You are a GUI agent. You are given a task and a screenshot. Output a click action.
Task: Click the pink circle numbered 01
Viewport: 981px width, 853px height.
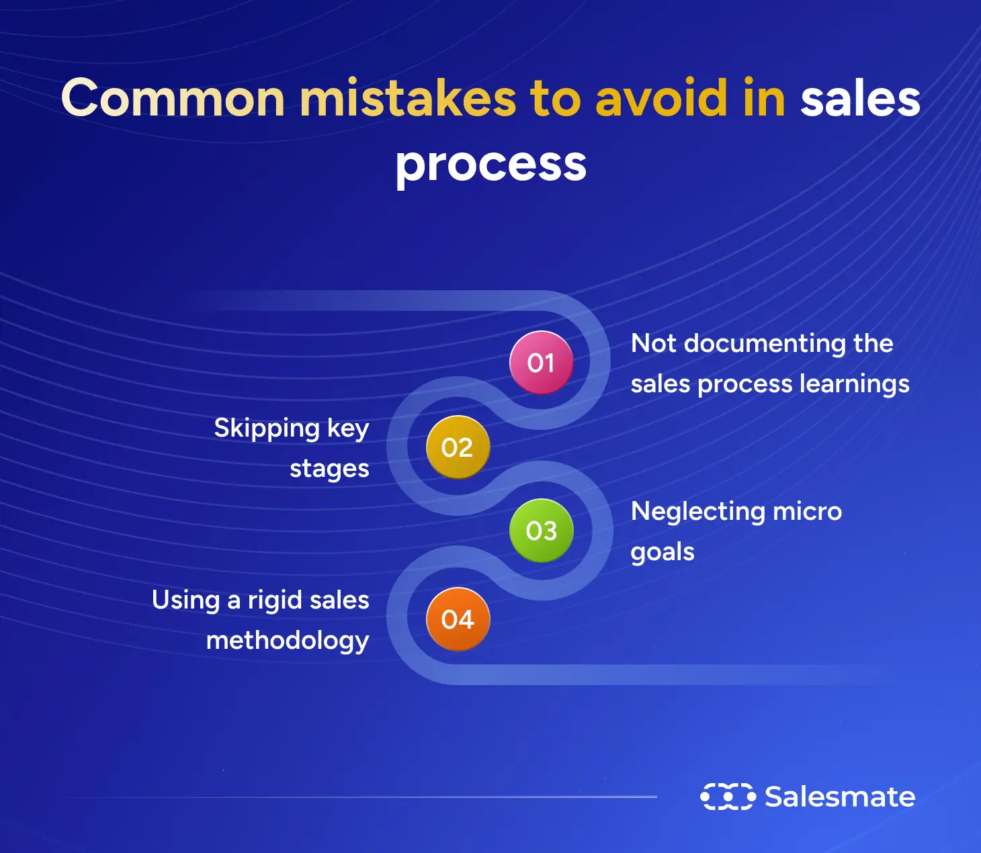point(541,363)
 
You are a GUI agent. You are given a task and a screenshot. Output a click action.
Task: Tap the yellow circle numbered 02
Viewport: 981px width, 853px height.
point(458,447)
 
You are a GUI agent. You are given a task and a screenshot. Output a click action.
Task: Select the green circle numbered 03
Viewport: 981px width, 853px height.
point(541,531)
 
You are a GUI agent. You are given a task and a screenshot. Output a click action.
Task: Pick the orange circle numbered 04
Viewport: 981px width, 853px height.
point(458,619)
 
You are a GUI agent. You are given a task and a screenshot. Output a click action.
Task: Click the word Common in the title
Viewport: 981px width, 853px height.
point(173,99)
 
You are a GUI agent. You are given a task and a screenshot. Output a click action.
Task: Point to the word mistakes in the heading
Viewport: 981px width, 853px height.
point(408,99)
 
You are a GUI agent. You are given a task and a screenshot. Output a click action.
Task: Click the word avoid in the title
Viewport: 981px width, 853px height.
point(661,99)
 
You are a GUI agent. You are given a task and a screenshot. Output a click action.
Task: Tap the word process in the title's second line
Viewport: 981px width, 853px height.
point(491,165)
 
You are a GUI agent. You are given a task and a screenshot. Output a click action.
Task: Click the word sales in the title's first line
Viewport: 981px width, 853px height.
point(859,99)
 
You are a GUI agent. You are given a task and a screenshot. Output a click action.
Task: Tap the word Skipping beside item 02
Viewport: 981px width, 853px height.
point(267,429)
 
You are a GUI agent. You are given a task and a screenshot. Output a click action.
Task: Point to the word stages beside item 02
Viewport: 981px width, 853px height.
point(329,469)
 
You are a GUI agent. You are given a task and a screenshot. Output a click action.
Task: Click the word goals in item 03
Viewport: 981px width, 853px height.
point(663,553)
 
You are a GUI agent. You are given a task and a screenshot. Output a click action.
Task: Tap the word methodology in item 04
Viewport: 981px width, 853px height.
point(288,641)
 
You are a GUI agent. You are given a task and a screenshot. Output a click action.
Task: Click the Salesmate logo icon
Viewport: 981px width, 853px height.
point(728,797)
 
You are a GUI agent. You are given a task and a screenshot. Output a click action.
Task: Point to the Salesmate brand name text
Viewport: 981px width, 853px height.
point(840,797)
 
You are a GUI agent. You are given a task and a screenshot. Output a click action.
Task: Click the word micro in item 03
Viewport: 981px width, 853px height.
point(807,512)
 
